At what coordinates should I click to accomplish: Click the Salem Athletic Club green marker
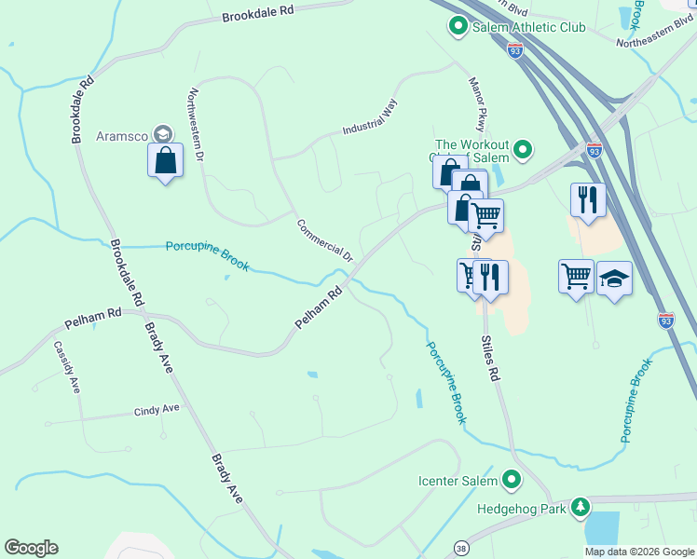[x=458, y=27]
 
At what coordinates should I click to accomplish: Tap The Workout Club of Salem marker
[x=523, y=149]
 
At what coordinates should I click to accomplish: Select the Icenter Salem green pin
[x=511, y=480]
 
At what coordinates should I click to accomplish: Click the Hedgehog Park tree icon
[x=581, y=508]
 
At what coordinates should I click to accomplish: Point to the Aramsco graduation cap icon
[x=164, y=135]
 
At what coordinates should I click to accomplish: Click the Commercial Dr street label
[x=325, y=240]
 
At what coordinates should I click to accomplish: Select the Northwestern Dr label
[x=196, y=125]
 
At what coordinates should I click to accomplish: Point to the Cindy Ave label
[x=157, y=410]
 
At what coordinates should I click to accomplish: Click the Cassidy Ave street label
[x=66, y=367]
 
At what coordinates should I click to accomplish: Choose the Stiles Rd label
[x=491, y=359]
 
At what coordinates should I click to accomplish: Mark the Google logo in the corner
[x=31, y=548]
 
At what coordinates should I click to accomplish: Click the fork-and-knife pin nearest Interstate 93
[x=588, y=199]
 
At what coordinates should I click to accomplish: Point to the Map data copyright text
[x=639, y=552]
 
